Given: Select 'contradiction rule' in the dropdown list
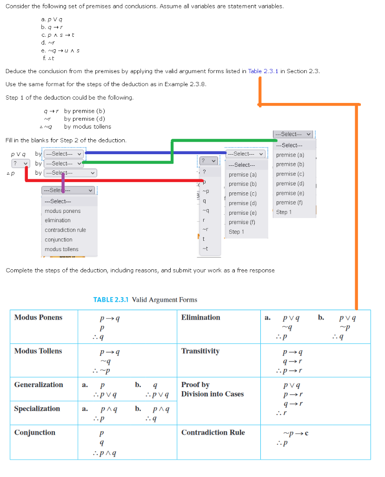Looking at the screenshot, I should click(65, 230).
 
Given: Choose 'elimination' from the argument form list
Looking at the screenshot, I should click(58, 220).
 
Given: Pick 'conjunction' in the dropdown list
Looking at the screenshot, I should click(59, 240).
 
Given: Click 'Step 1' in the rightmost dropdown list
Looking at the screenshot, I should click(284, 212).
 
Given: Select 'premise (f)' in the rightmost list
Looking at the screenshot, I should click(289, 203).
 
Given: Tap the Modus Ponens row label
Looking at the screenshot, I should click(38, 318).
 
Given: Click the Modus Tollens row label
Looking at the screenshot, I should click(38, 351).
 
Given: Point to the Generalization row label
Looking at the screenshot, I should click(39, 385).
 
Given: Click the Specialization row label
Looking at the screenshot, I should click(37, 409).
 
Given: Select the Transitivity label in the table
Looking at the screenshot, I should click(200, 351).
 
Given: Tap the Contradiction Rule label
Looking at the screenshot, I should click(213, 432).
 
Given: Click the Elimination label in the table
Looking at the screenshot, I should click(201, 318).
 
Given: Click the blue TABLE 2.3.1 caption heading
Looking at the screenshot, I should click(145, 300).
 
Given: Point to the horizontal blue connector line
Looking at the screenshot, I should click(153, 152).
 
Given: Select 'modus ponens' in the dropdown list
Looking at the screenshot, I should click(62, 211).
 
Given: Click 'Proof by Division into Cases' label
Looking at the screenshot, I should click(212, 389).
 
